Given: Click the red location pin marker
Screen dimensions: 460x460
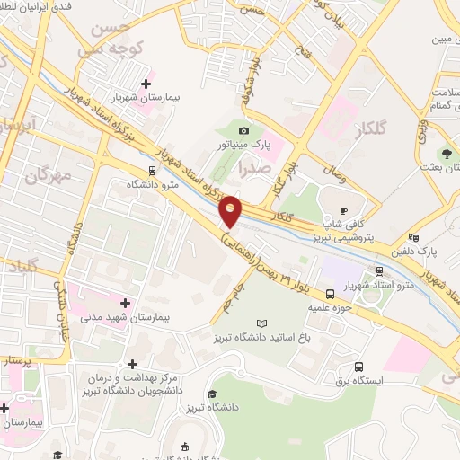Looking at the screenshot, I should point(231,211).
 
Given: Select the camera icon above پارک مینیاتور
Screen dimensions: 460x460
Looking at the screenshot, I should point(243,131).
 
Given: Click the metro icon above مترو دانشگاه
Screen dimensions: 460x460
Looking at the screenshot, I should point(152,169).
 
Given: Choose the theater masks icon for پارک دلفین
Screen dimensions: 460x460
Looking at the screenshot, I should point(413,236).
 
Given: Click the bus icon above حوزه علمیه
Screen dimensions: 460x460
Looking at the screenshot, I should point(331,293).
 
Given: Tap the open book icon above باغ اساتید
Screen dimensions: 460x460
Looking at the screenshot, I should point(261,323).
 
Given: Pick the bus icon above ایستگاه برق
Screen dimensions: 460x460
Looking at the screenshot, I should point(358,367).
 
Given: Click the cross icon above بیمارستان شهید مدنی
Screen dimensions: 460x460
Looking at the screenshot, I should point(125,303).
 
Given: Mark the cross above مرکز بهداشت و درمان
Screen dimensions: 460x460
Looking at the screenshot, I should point(133,364).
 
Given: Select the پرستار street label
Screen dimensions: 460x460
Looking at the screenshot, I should point(15,360).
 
